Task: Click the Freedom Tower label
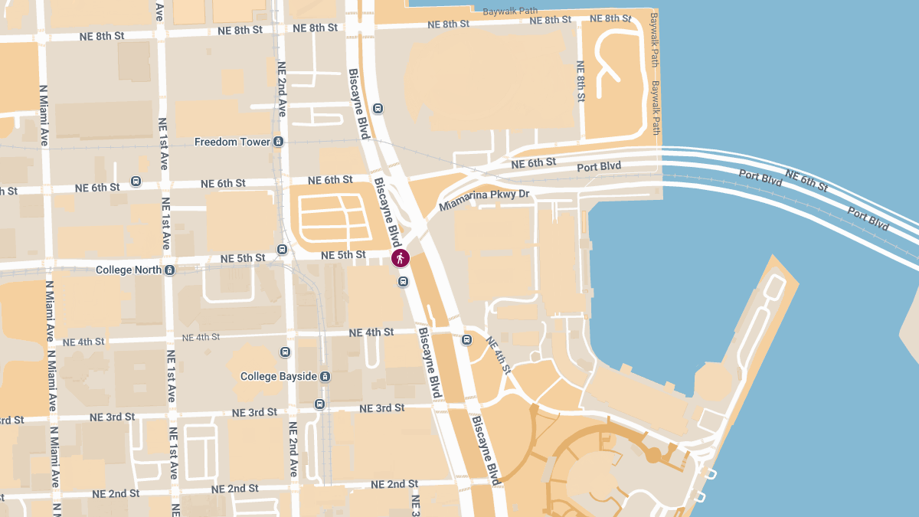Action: click(232, 142)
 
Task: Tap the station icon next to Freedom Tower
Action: click(279, 142)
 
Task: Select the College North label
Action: click(129, 270)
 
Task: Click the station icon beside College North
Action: click(170, 270)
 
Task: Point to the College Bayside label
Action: click(278, 376)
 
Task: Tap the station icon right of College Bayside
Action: click(325, 376)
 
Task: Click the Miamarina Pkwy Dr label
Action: click(484, 201)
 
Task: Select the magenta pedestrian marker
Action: click(401, 258)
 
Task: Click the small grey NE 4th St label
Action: click(201, 337)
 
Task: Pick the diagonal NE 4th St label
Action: click(497, 355)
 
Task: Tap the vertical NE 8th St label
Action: click(581, 77)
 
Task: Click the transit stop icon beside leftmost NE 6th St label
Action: click(136, 182)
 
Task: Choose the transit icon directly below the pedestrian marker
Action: click(403, 282)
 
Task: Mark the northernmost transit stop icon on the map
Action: click(378, 109)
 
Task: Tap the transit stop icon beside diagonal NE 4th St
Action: click(467, 339)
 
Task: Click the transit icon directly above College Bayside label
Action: click(285, 352)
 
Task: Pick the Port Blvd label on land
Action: click(599, 166)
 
